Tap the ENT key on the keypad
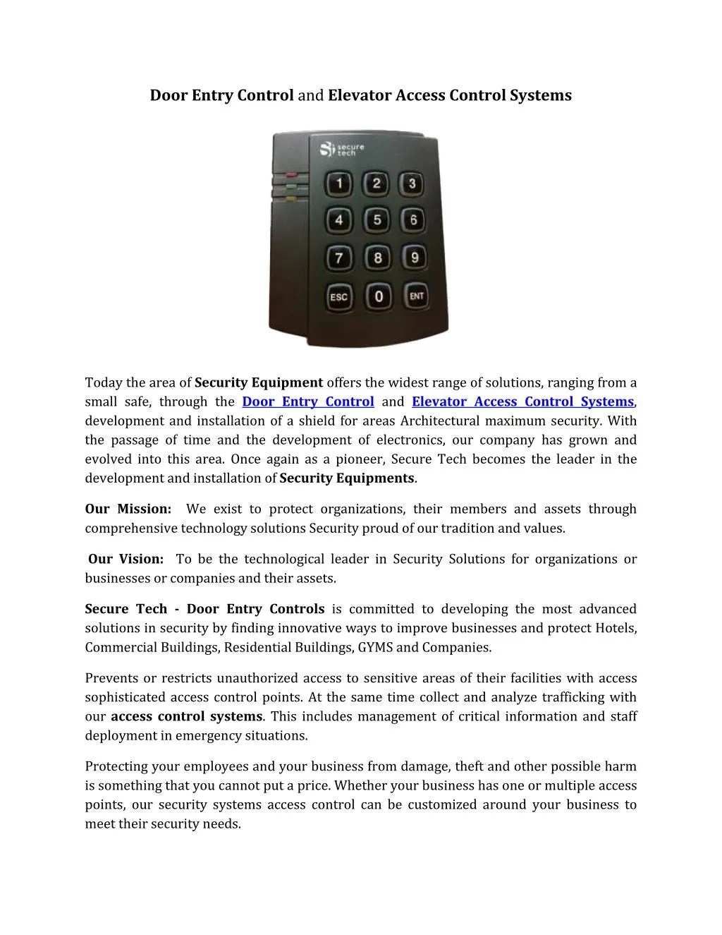click(416, 296)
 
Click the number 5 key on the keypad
click(377, 221)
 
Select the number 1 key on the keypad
click(339, 185)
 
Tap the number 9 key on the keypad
click(415, 258)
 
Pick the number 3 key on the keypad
click(412, 184)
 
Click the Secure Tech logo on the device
click(342, 150)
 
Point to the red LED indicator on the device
click(290, 174)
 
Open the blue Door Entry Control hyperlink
click(307, 402)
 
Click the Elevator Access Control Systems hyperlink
click(522, 402)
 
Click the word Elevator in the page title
click(360, 95)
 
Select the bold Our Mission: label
click(128, 509)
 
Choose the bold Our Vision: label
click(126, 559)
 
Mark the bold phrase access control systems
click(187, 716)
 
